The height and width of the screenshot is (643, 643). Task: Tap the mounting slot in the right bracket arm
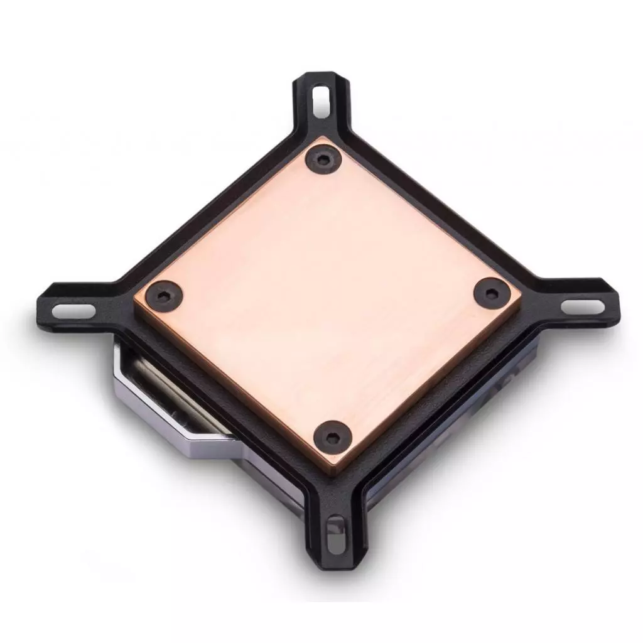point(582,306)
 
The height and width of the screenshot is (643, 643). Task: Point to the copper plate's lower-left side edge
point(232,389)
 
